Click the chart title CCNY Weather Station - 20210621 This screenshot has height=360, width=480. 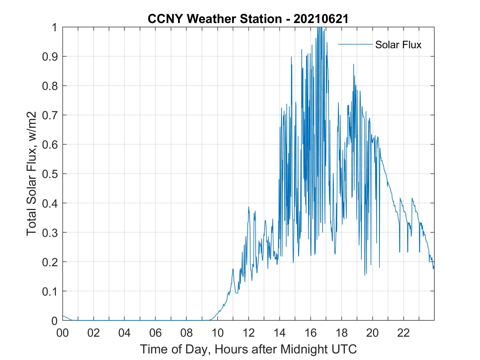(x=248, y=19)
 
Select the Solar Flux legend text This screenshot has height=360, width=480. (x=398, y=45)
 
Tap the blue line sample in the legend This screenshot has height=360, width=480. (x=355, y=44)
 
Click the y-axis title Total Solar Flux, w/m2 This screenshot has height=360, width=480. (x=32, y=174)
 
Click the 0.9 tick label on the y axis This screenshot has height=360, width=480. (x=50, y=56)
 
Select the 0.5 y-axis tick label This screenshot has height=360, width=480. (x=50, y=174)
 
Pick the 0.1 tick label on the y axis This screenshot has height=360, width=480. (x=50, y=291)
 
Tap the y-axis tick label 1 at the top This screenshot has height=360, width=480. (x=55, y=27)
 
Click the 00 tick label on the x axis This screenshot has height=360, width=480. (x=63, y=333)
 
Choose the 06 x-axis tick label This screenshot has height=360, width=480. (x=156, y=333)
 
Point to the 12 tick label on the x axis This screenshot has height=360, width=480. (x=249, y=333)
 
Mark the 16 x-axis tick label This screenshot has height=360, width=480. (x=310, y=333)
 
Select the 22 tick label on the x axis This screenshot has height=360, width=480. (x=403, y=333)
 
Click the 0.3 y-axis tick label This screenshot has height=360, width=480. (x=50, y=233)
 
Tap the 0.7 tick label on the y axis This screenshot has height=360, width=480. (x=50, y=115)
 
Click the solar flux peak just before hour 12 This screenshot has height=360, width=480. (x=249, y=207)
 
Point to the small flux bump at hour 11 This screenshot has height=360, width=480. (x=233, y=269)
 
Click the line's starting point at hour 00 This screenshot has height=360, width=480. (x=63, y=316)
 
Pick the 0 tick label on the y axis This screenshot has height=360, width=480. (x=55, y=321)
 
